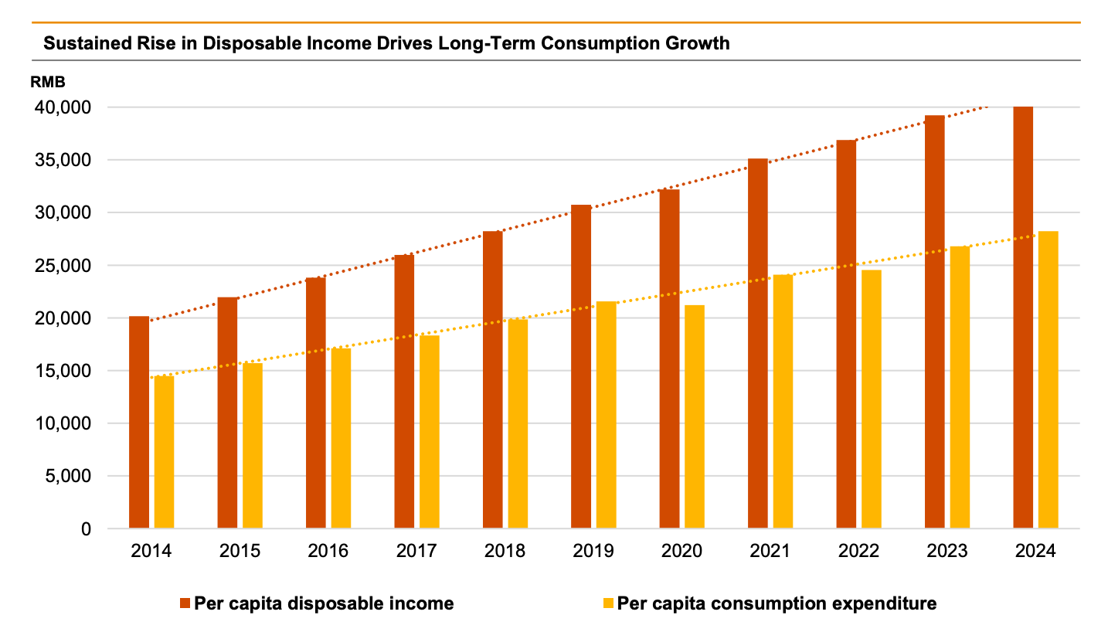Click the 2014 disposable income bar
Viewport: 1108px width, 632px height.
139,422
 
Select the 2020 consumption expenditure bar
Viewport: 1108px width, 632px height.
695,416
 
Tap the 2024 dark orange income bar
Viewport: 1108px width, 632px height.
1023,318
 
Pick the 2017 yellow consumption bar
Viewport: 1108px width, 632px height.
429,432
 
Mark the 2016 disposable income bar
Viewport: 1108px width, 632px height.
316,403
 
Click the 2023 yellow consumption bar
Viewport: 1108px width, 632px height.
960,387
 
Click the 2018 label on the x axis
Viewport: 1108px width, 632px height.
504,551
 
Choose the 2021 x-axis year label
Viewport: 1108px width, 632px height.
770,551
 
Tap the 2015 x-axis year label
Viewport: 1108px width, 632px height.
240,551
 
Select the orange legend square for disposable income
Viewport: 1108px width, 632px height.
185,603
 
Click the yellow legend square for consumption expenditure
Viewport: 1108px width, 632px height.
607,603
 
